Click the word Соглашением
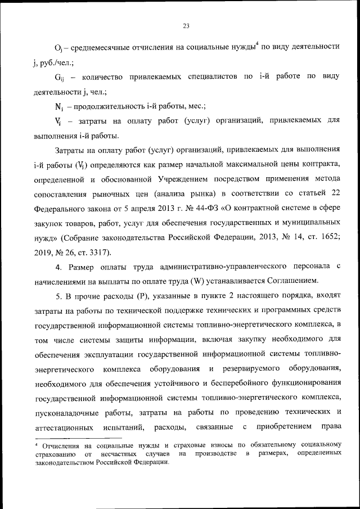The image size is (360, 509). click(292, 280)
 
